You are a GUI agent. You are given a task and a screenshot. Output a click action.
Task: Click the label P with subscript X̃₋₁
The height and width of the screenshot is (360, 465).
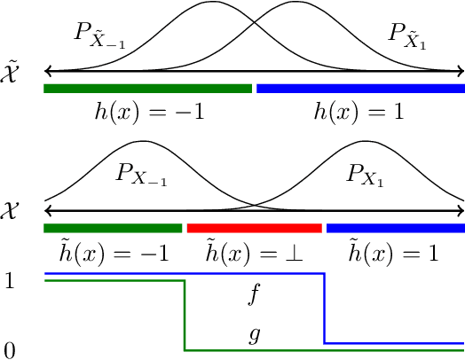(99, 36)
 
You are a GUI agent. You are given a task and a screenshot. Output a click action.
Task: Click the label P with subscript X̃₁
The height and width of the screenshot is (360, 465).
(408, 36)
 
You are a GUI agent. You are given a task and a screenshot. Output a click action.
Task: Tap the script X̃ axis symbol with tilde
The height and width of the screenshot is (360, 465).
(14, 71)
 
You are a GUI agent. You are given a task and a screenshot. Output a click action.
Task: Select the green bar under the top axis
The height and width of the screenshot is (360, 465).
(147, 88)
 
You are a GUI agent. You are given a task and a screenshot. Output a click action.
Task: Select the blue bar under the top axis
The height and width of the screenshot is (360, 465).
(360, 88)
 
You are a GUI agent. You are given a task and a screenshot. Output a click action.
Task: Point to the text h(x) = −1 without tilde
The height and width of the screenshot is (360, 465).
(149, 113)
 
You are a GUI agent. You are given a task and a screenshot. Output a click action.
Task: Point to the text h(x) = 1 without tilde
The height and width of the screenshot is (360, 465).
(359, 113)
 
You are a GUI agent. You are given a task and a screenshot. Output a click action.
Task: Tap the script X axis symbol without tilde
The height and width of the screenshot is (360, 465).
(14, 211)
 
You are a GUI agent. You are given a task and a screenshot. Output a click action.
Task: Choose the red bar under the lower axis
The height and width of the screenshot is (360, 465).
(254, 228)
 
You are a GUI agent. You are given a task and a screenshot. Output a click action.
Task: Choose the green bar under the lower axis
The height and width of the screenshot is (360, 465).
(113, 228)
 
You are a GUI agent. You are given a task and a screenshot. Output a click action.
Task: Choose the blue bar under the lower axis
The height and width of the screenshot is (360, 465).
(396, 228)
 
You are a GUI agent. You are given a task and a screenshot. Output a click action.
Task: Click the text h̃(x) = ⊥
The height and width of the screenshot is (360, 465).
(254, 253)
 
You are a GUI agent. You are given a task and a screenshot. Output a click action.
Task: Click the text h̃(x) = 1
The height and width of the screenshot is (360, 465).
(396, 253)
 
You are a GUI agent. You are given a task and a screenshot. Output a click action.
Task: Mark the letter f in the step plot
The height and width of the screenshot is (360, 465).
(255, 295)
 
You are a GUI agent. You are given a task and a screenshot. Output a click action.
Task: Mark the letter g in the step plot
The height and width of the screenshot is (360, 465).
(255, 336)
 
